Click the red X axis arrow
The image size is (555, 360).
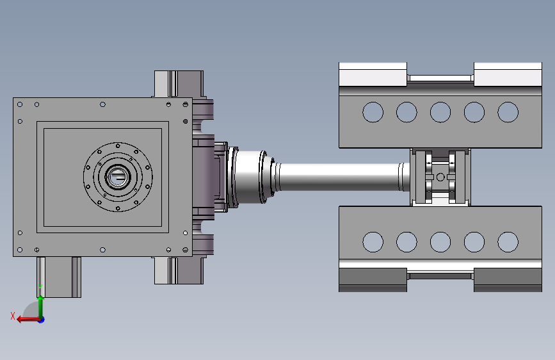tap(29, 320)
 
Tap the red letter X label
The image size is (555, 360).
tap(13, 316)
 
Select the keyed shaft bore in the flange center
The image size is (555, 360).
tap(118, 177)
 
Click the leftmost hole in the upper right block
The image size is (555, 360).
tap(373, 112)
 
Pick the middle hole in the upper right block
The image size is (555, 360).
tap(440, 112)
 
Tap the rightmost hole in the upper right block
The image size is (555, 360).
tap(508, 112)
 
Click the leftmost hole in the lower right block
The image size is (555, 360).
tap(373, 242)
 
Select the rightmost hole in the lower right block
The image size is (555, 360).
tap(508, 242)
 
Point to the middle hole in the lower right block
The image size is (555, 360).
tap(440, 242)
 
